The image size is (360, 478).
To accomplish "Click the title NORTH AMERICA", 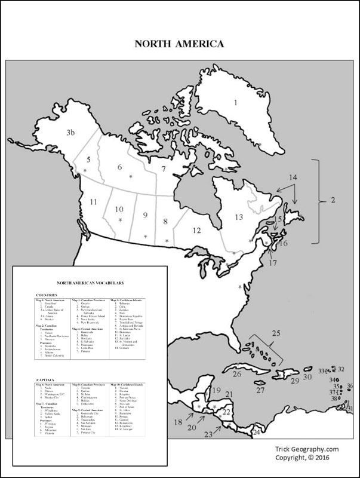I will (x=179, y=44).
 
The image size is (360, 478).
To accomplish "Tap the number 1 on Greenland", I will (x=236, y=103).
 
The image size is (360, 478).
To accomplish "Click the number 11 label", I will (x=93, y=203).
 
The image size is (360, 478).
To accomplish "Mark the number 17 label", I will (x=273, y=262).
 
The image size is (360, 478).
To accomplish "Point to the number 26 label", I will (x=237, y=375).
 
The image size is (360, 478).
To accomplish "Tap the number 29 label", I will (x=294, y=380).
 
